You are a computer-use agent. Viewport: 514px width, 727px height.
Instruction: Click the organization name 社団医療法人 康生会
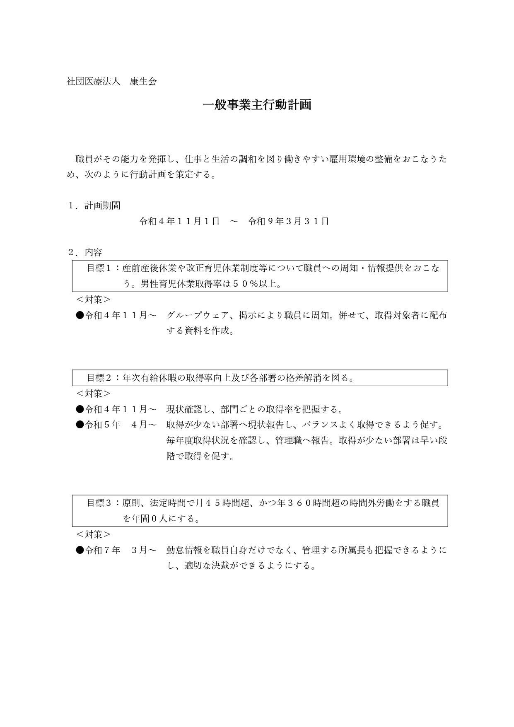tap(111, 82)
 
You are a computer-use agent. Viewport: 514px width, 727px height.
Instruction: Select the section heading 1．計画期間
tap(94, 205)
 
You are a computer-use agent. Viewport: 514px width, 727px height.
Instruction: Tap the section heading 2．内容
tap(85, 252)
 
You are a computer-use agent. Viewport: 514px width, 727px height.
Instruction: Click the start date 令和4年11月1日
tap(179, 221)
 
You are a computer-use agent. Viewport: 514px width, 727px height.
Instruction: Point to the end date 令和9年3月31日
tap(288, 221)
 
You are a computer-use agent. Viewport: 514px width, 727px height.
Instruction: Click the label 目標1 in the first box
tap(99, 268)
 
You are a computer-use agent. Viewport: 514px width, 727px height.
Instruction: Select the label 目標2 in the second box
tap(99, 378)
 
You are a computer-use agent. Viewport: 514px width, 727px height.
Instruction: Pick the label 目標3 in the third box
tap(99, 503)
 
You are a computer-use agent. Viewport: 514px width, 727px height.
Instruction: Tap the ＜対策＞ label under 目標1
tap(93, 299)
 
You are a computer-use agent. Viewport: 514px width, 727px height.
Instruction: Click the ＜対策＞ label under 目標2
tap(93, 393)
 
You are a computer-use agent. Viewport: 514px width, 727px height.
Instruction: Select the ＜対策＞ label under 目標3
tap(93, 534)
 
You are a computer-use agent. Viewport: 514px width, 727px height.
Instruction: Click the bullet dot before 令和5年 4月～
tap(80, 425)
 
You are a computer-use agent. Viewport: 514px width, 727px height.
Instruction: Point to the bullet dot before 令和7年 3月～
tap(80, 550)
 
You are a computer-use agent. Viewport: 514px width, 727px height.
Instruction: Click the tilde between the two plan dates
tap(234, 221)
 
